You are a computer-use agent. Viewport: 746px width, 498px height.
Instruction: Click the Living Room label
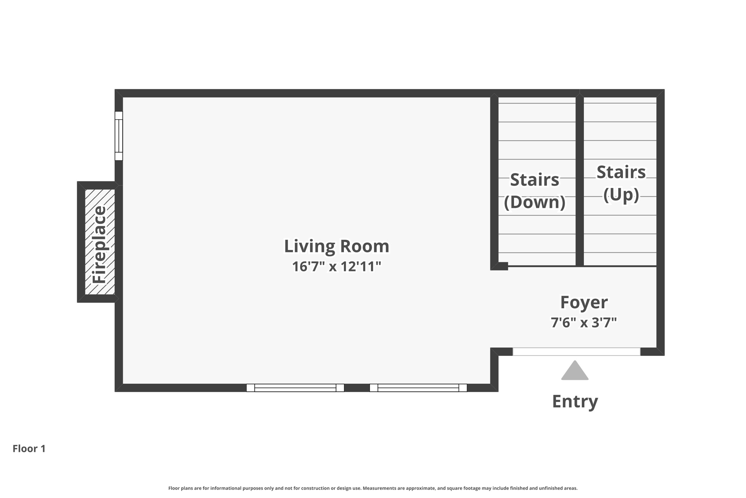336,246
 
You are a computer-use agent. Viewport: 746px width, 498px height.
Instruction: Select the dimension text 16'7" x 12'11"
336,267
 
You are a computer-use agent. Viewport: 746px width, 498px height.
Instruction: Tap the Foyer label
584,302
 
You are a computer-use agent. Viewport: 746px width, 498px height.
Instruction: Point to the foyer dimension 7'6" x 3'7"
584,323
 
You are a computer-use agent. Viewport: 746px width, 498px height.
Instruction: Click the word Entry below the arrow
575,401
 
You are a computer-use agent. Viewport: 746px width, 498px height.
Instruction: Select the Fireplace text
99,244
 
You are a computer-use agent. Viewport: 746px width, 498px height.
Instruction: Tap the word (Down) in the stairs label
534,202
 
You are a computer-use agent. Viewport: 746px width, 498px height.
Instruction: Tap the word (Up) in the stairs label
621,194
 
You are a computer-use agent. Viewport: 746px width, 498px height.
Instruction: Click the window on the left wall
119,136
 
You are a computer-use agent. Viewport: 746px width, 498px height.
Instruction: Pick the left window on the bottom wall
295,388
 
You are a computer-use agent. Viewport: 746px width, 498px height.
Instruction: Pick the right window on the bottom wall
418,388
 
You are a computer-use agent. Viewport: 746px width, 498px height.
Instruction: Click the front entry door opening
576,352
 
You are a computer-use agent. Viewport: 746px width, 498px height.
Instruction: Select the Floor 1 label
29,449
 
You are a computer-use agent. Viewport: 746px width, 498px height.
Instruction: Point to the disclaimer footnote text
373,488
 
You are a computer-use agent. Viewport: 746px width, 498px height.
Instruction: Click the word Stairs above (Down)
534,180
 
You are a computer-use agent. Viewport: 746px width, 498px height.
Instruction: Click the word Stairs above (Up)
621,172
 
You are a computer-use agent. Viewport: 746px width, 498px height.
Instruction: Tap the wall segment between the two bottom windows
357,388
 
